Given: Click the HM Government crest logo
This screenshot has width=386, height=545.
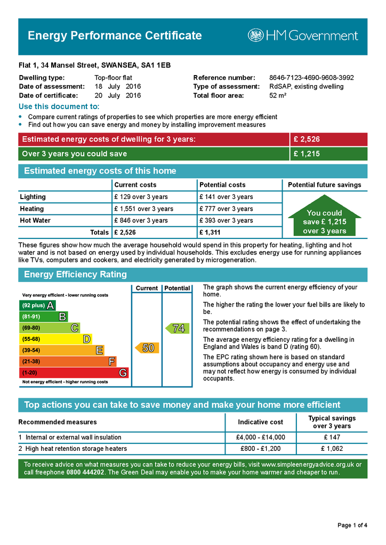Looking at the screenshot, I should tap(256, 36).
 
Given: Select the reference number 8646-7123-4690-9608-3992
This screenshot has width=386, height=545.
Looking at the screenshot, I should tap(311, 78).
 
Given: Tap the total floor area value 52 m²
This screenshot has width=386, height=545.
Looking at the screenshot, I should tap(278, 96).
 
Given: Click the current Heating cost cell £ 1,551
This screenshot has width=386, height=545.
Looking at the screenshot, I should tap(143, 209).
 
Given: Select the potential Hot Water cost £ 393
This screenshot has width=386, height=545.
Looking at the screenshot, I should tap(226, 220).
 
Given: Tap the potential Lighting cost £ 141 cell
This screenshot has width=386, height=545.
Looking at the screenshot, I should tap(226, 197).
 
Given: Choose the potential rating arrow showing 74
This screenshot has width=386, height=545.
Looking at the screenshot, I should tap(176, 328).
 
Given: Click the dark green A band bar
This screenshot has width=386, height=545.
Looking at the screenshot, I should tap(37, 305).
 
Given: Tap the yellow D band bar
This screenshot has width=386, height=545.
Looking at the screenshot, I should tap(55, 339).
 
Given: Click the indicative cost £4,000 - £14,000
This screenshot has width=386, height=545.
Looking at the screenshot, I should tap(260, 437).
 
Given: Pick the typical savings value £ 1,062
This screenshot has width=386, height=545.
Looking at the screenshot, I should tap(332, 449).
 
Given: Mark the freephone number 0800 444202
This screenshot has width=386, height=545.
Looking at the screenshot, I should tap(86, 473).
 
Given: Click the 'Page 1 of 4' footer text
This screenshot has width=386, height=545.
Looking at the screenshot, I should tap(352, 526).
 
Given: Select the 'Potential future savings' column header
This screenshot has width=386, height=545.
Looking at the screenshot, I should tap(324, 185).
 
